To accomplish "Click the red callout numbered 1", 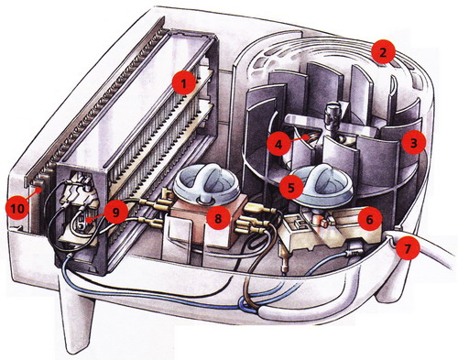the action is tap(183, 82).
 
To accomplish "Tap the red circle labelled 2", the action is tap(383, 52).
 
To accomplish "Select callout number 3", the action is tap(413, 143).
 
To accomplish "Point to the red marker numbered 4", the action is tap(278, 144).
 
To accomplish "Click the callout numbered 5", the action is tap(291, 187).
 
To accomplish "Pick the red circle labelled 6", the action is tap(370, 219).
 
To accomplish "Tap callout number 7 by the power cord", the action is tap(408, 248).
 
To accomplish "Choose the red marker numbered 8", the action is tap(218, 218).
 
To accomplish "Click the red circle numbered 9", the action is tap(115, 212).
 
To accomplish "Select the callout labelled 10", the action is tap(17, 209).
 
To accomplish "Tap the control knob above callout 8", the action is tap(204, 184).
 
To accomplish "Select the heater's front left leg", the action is tap(76, 318).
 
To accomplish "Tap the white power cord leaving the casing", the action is tap(433, 249).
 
